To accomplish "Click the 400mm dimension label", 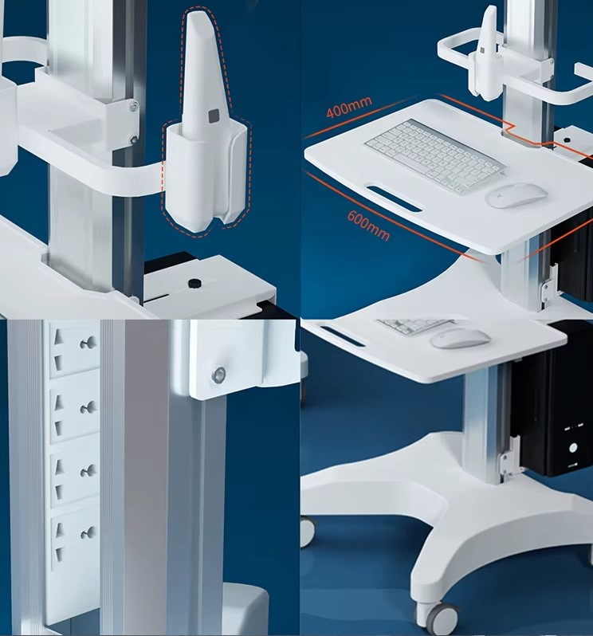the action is pos(349,107).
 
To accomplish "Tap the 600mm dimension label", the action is pos(368,226).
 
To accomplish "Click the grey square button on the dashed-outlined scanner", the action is pos(214,116).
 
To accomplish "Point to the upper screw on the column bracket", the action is pos(132,107).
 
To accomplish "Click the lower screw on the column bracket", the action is pos(133,140).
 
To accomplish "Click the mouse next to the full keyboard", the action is pos(516,195).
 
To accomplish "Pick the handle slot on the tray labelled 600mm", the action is pos(394,198).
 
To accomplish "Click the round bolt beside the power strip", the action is pos(219,375).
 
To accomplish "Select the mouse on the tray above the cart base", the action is pos(460,338).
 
